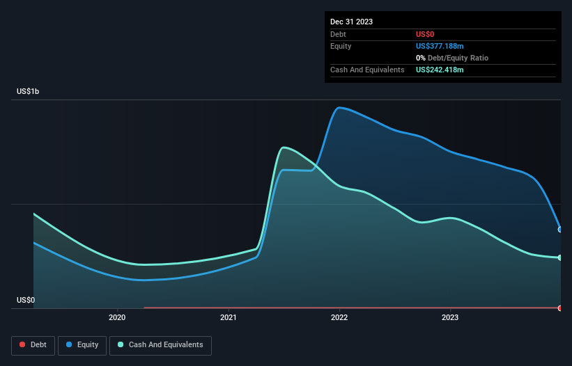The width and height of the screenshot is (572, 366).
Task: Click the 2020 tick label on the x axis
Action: [x=117, y=318]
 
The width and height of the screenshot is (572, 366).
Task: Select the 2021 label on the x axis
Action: [x=229, y=318]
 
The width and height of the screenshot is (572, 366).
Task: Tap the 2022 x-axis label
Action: [x=339, y=318]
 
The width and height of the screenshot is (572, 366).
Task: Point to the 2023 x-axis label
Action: [x=450, y=318]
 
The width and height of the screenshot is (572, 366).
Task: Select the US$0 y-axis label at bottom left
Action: [x=26, y=300]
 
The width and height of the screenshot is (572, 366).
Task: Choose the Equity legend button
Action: [x=82, y=344]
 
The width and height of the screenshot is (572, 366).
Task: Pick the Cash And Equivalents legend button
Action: [x=160, y=344]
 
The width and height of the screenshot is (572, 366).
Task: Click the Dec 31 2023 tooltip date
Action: [x=352, y=22]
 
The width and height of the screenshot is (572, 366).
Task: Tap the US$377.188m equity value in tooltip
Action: [x=440, y=46]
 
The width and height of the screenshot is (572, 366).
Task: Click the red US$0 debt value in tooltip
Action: [x=426, y=34]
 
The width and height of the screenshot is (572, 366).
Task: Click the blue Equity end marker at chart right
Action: [x=560, y=229]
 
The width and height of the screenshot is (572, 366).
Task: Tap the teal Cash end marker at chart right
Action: [x=560, y=257]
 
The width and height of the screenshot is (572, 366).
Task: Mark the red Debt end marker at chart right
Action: [x=560, y=308]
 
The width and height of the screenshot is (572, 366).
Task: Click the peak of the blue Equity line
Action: [x=339, y=108]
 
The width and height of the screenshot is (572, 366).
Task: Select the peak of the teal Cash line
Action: [x=283, y=148]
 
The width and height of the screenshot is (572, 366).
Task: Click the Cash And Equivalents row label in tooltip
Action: [x=367, y=70]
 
